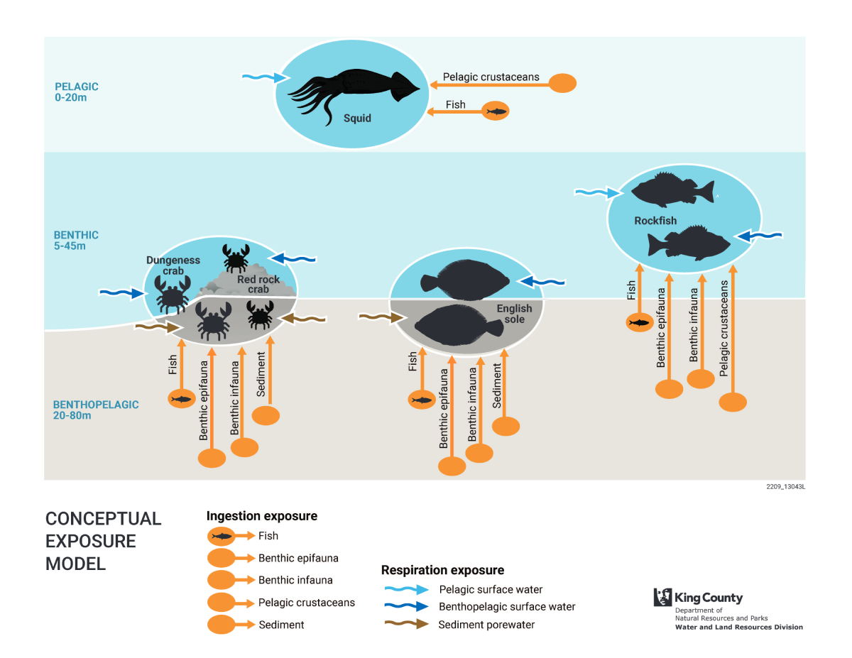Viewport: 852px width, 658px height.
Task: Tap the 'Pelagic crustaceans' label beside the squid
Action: click(x=491, y=77)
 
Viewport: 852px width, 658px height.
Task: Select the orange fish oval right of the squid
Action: click(x=496, y=111)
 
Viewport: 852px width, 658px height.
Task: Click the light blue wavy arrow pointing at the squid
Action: click(x=263, y=77)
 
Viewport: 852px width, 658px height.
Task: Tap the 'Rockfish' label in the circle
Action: click(x=655, y=221)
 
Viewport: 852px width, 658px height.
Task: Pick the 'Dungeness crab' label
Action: click(x=173, y=265)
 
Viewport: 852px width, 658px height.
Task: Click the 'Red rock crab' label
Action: click(x=258, y=284)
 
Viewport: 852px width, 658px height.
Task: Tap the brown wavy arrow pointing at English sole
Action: click(x=375, y=317)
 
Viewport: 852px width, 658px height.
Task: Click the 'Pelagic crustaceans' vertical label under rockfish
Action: click(x=723, y=327)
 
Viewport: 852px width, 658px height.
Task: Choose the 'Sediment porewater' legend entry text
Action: click(x=486, y=625)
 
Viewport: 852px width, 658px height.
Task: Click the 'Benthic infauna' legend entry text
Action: click(x=295, y=580)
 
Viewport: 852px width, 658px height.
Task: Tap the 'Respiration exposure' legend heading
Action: click(x=442, y=570)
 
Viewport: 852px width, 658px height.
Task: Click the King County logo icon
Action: click(x=662, y=597)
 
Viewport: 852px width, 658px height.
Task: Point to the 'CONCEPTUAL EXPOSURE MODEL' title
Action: click(x=103, y=541)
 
